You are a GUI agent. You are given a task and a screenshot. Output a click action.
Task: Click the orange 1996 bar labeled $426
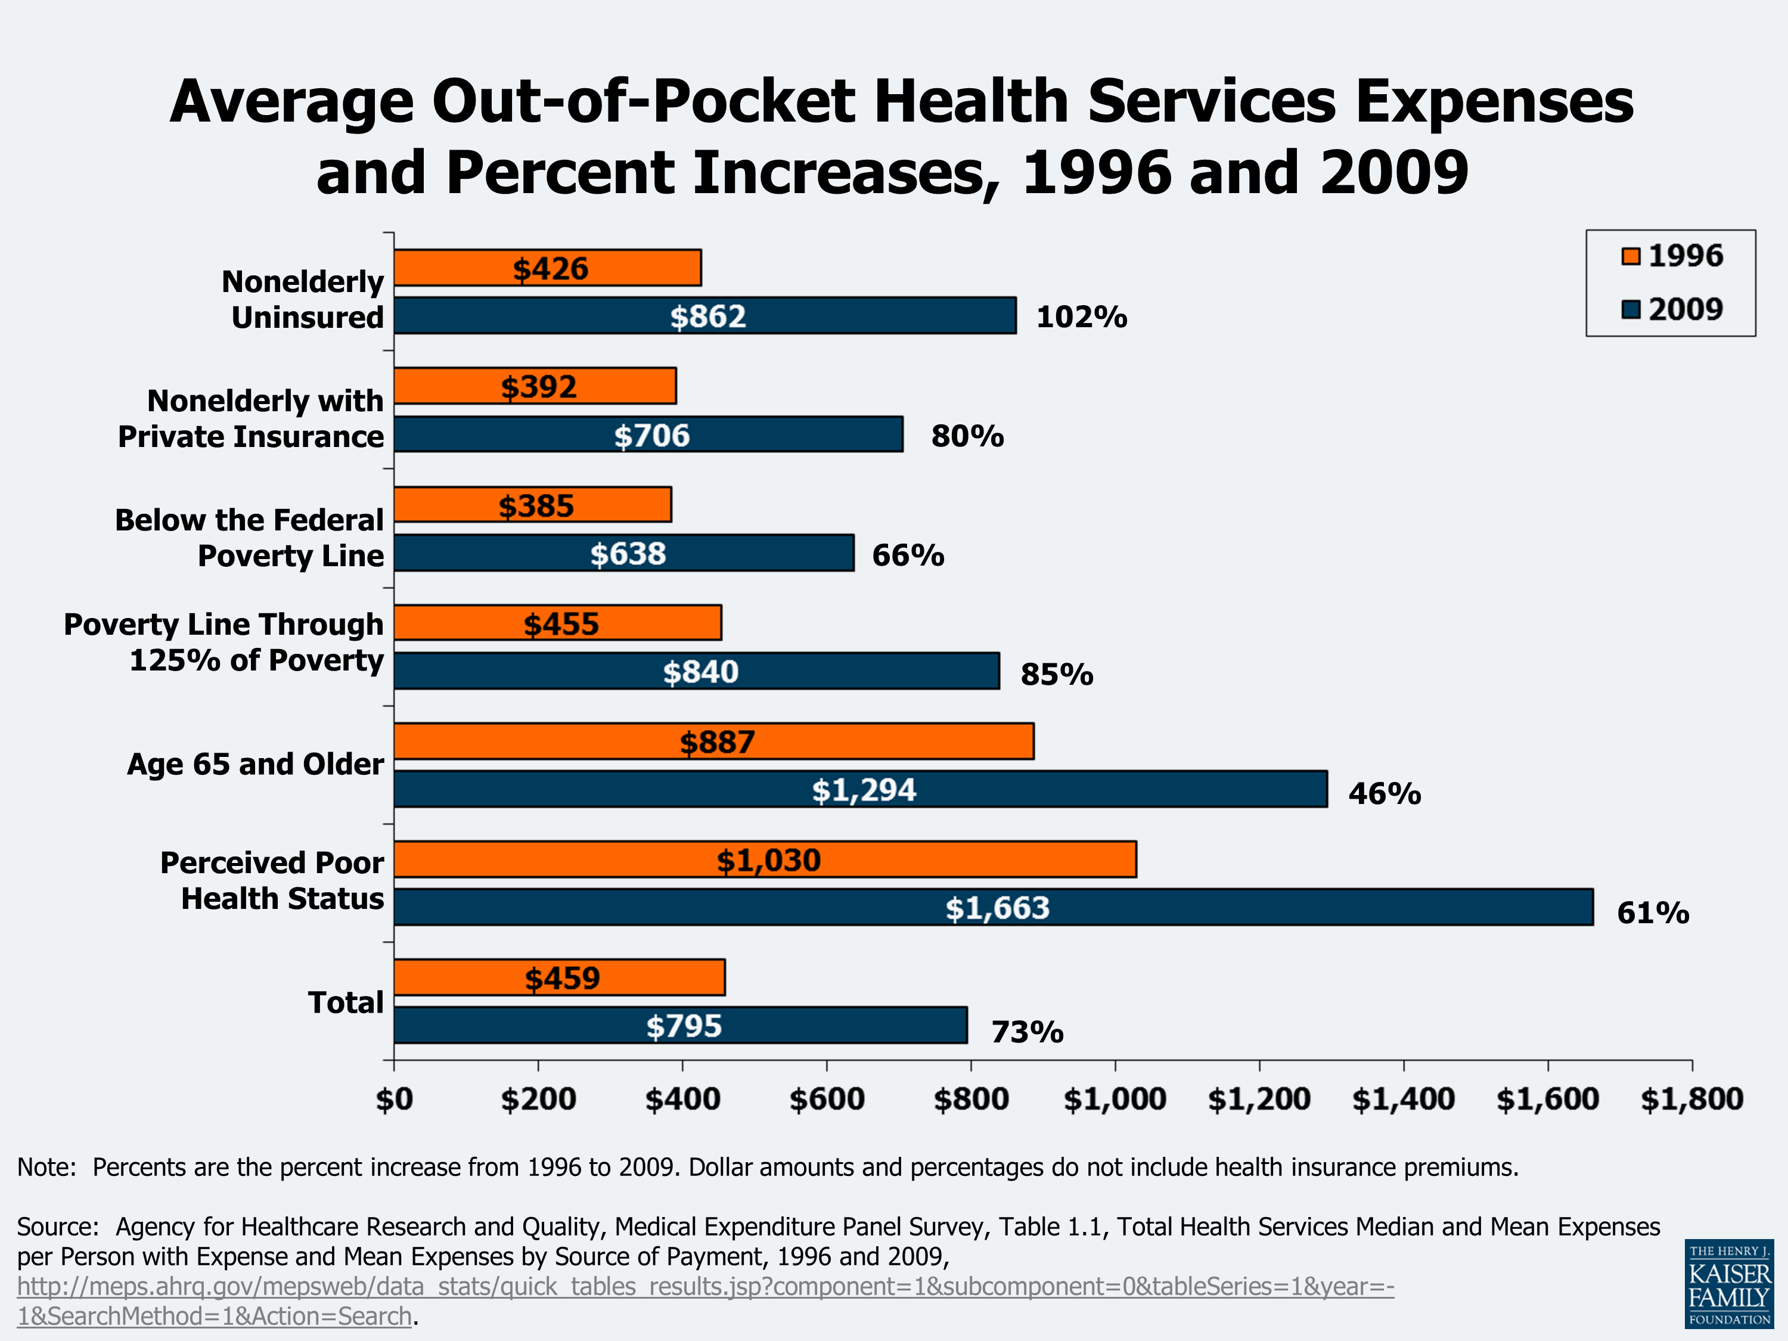[547, 268]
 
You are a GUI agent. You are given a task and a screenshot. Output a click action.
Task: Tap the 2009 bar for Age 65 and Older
[860, 789]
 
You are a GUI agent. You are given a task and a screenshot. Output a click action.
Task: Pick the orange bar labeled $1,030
[765, 859]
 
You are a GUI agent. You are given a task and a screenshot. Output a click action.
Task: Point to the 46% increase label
[1384, 794]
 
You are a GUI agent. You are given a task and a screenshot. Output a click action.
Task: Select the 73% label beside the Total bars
[1026, 1032]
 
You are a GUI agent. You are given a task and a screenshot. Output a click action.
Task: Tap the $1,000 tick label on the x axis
[1115, 1099]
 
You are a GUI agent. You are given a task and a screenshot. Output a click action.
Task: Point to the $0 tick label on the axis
[395, 1099]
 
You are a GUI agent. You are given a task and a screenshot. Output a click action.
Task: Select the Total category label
[345, 1002]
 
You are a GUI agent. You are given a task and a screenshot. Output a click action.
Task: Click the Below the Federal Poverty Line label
[249, 538]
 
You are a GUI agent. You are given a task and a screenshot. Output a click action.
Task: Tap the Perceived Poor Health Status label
[272, 880]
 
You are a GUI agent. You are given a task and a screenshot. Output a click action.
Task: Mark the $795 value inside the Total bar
[683, 1026]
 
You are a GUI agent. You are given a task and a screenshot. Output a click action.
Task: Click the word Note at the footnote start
[45, 1167]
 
